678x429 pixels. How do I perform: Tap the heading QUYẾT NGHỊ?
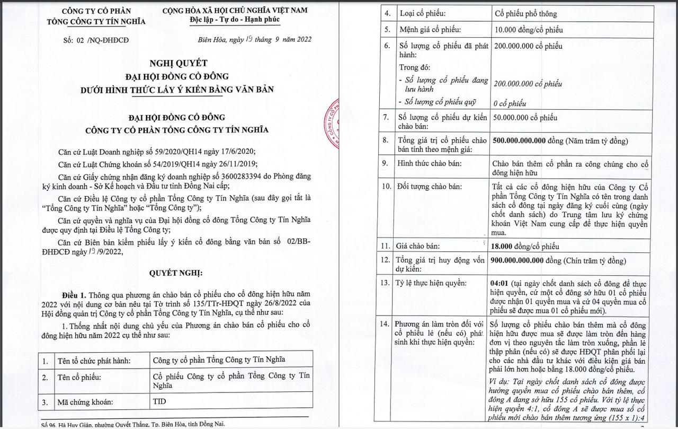point(176,273)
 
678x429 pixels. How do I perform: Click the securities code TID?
point(159,401)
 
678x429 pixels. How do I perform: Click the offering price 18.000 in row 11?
point(503,246)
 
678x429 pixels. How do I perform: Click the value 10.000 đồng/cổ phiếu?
point(528,30)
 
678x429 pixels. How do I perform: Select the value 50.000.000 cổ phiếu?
point(525,118)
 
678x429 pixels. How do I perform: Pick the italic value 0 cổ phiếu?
point(510,103)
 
